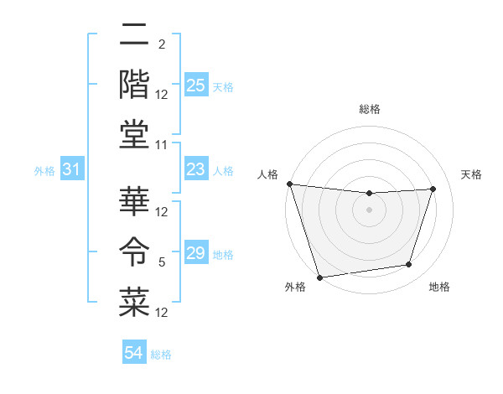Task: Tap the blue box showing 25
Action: click(196, 86)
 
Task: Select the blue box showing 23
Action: click(196, 170)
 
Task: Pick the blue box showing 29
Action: click(196, 254)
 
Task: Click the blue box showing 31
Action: click(71, 170)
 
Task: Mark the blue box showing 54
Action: click(134, 353)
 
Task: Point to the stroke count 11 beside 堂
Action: click(162, 145)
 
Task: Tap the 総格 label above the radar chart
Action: click(370, 109)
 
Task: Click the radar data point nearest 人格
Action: click(289, 184)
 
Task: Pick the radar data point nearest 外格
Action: click(319, 277)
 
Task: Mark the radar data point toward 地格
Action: click(409, 265)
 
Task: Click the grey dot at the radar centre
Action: click(369, 210)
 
